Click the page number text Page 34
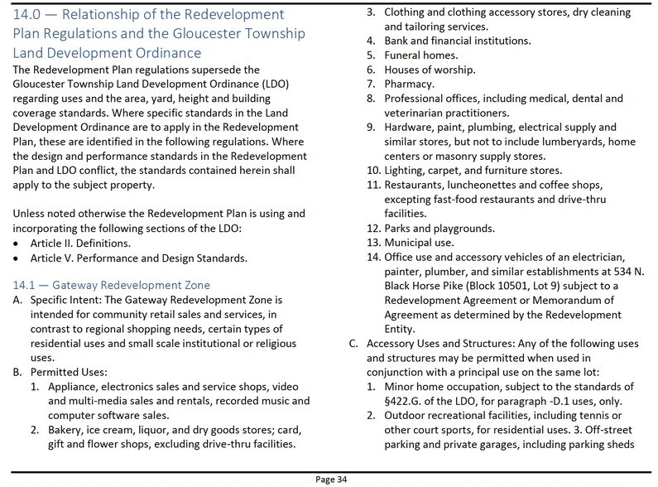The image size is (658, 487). point(329,478)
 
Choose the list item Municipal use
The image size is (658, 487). point(419,243)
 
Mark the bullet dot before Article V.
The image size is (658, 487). point(17,258)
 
